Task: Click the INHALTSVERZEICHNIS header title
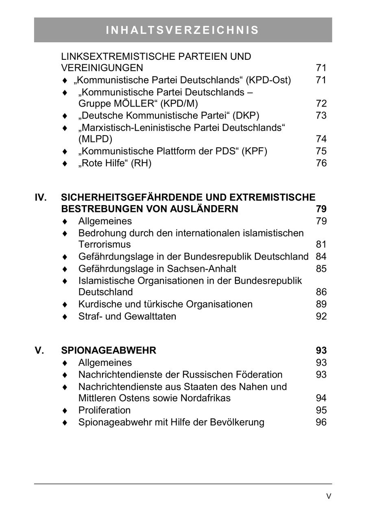tap(183, 30)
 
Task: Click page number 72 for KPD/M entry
tap(321, 104)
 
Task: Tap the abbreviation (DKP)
tap(246, 116)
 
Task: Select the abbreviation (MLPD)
tap(95, 139)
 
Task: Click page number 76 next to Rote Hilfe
tap(321, 163)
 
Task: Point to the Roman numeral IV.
tap(41, 197)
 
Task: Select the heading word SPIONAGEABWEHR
tap(109, 350)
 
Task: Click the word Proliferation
tap(105, 410)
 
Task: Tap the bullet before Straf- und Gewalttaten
tap(64, 317)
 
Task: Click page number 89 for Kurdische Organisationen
tap(321, 304)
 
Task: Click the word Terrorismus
tap(105, 245)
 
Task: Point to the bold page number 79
tap(321, 209)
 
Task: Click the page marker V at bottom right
tap(329, 496)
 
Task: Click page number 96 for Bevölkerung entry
tap(321, 422)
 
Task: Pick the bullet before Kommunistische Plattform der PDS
tap(64, 151)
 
